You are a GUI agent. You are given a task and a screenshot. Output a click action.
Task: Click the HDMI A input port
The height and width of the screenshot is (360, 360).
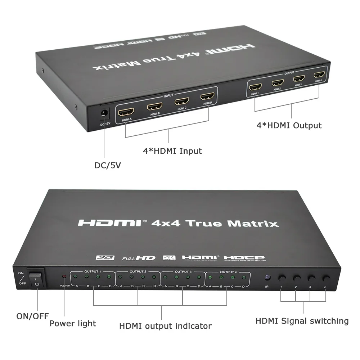tap(126, 112)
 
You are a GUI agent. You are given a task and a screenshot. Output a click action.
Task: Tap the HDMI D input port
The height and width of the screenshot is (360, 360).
tap(207, 96)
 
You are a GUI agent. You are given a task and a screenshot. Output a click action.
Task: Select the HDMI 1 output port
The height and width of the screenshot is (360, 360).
tap(256, 87)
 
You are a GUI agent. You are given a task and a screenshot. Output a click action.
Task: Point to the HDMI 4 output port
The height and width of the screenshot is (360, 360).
tap(319, 75)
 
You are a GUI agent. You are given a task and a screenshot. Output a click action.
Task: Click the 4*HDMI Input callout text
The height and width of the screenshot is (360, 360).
tap(172, 150)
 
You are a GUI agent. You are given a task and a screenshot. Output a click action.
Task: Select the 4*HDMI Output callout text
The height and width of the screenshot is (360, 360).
tap(289, 125)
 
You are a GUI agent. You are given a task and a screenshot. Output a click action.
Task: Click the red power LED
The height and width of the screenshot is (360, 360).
tap(64, 277)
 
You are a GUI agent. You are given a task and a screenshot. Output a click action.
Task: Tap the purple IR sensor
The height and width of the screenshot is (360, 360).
tap(267, 277)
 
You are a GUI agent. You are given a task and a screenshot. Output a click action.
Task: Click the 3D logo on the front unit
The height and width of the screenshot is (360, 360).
tap(105, 257)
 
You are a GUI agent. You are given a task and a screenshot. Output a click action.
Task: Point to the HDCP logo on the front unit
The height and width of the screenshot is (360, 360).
tap(244, 258)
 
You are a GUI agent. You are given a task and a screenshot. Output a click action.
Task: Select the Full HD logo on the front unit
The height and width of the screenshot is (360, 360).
tap(139, 258)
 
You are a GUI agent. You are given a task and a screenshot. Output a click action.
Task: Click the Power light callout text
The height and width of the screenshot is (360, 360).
tap(73, 323)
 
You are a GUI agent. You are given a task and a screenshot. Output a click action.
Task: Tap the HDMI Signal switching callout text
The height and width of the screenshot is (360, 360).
tap(302, 321)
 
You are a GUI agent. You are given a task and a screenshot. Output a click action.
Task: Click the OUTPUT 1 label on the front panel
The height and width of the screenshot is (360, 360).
tap(93, 271)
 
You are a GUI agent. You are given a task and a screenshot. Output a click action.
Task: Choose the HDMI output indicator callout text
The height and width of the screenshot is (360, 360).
tap(165, 326)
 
